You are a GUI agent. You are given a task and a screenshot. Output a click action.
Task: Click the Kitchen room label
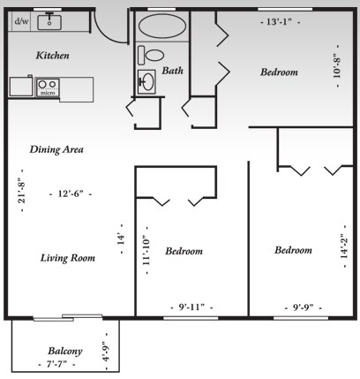pyautogui.click(x=52, y=56)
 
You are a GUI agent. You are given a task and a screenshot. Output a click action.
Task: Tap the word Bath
pyautogui.click(x=172, y=71)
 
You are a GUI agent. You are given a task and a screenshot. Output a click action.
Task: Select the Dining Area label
pyautogui.click(x=56, y=149)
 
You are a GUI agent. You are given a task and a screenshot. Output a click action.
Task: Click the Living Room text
pyautogui.click(x=67, y=258)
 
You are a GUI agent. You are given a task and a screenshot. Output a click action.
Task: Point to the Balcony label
pyautogui.click(x=65, y=350)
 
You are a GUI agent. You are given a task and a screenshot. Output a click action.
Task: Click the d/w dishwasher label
pyautogui.click(x=21, y=19)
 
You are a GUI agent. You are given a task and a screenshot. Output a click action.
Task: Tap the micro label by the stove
pyautogui.click(x=48, y=92)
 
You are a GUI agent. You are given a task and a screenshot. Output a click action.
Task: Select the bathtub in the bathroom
pyautogui.click(x=162, y=27)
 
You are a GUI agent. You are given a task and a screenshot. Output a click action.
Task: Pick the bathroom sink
pyautogui.click(x=147, y=81)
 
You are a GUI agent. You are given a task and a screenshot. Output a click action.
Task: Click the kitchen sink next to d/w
pyautogui.click(x=50, y=19)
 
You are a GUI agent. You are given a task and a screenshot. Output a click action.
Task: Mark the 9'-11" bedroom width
pyautogui.click(x=191, y=307)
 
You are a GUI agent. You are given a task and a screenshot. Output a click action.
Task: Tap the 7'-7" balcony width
pyautogui.click(x=59, y=364)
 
